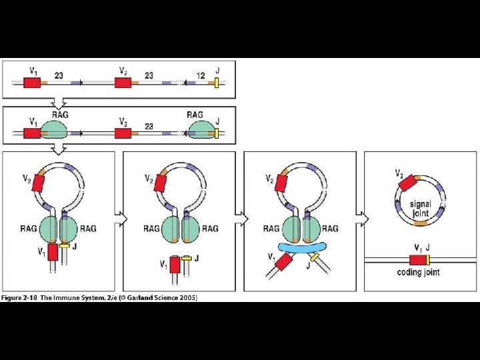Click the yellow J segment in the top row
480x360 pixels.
pos(217,82)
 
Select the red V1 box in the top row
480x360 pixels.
pos(32,83)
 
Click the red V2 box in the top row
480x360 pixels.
pos(122,83)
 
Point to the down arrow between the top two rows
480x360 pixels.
pos(59,102)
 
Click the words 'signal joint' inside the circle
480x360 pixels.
pos(421,209)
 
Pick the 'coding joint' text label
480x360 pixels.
pos(418,272)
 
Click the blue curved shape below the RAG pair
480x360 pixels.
pos(304,247)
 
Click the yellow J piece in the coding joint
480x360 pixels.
pos(427,260)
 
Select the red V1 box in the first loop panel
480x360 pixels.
pos(53,252)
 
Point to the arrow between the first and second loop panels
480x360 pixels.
pos(119,219)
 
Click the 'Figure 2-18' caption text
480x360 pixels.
pos(20,297)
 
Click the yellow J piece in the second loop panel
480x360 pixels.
pos(187,257)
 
